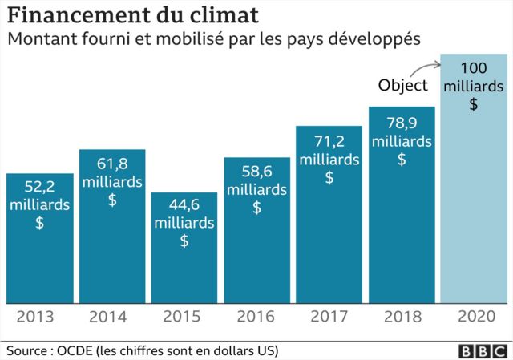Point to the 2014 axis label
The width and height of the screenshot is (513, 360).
click(111, 317)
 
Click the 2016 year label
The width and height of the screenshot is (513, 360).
click(256, 317)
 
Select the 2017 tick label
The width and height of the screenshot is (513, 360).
click(329, 317)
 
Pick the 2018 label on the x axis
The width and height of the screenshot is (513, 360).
click(402, 317)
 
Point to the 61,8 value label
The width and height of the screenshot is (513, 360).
click(111, 164)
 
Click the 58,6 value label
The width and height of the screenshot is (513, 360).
click(256, 172)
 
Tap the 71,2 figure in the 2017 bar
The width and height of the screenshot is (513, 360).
click(329, 142)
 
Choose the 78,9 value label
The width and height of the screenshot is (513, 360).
click(402, 122)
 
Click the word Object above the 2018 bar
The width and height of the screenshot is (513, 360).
click(403, 86)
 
